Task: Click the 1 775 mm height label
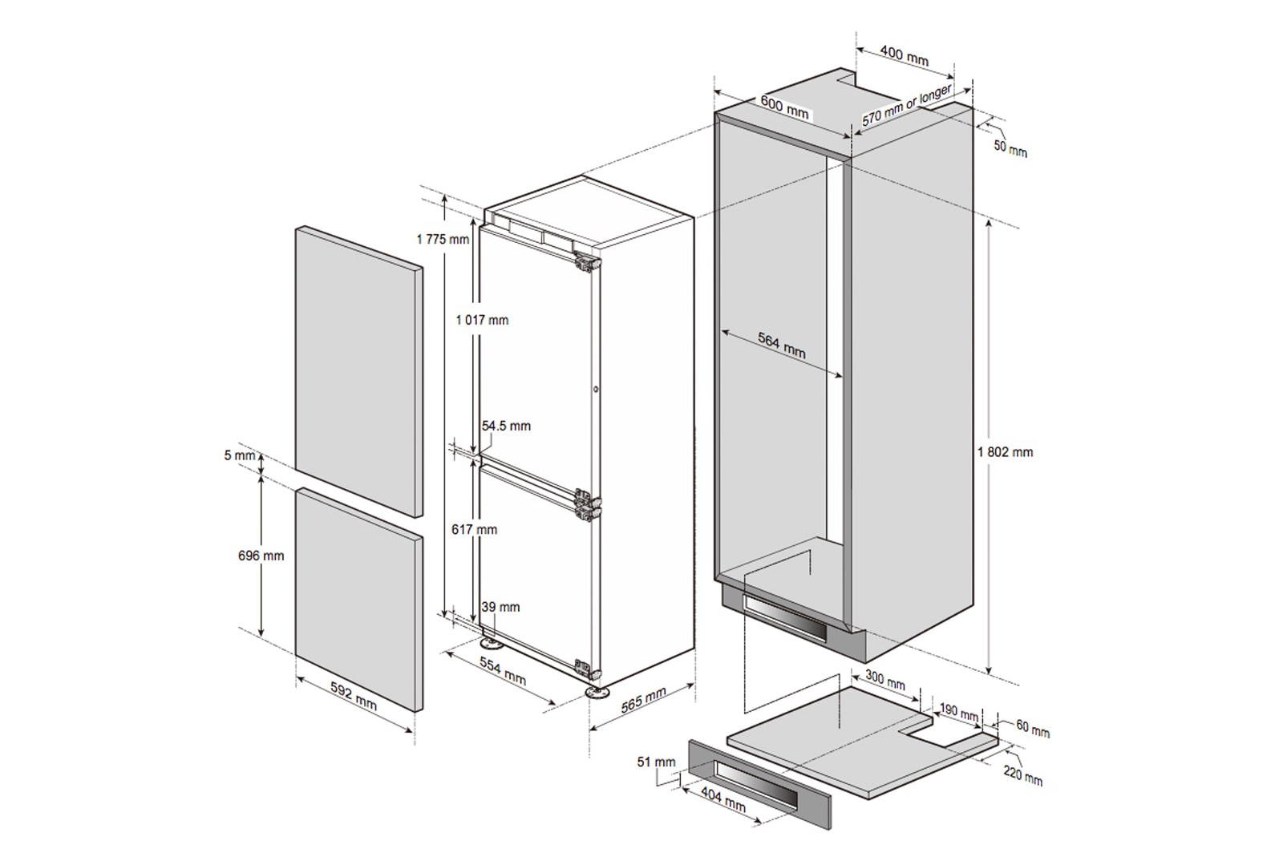443,239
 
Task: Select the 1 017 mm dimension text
482,320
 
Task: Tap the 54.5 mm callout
506,426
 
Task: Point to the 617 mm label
474,530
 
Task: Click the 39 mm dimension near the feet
500,607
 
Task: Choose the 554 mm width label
503,671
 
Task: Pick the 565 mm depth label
644,700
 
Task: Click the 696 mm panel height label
261,556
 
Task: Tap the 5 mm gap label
240,455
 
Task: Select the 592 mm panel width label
354,696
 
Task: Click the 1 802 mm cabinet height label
1006,452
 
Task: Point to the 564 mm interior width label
782,346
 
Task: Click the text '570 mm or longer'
907,104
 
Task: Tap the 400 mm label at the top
905,56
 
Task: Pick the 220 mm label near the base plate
1023,777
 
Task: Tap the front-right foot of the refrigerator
596,693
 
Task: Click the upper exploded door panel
359,371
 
